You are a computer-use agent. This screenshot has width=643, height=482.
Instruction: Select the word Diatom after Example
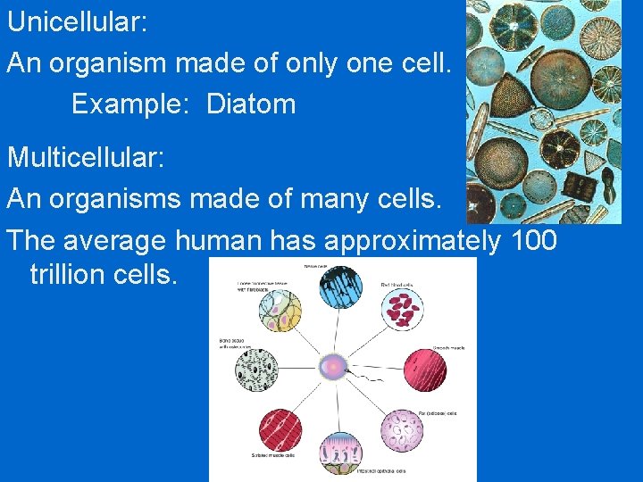251,104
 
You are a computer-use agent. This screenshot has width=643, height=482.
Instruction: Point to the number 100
534,240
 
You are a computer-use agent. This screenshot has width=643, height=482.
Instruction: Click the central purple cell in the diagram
332,366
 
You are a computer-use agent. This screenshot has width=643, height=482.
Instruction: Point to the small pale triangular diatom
596,162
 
